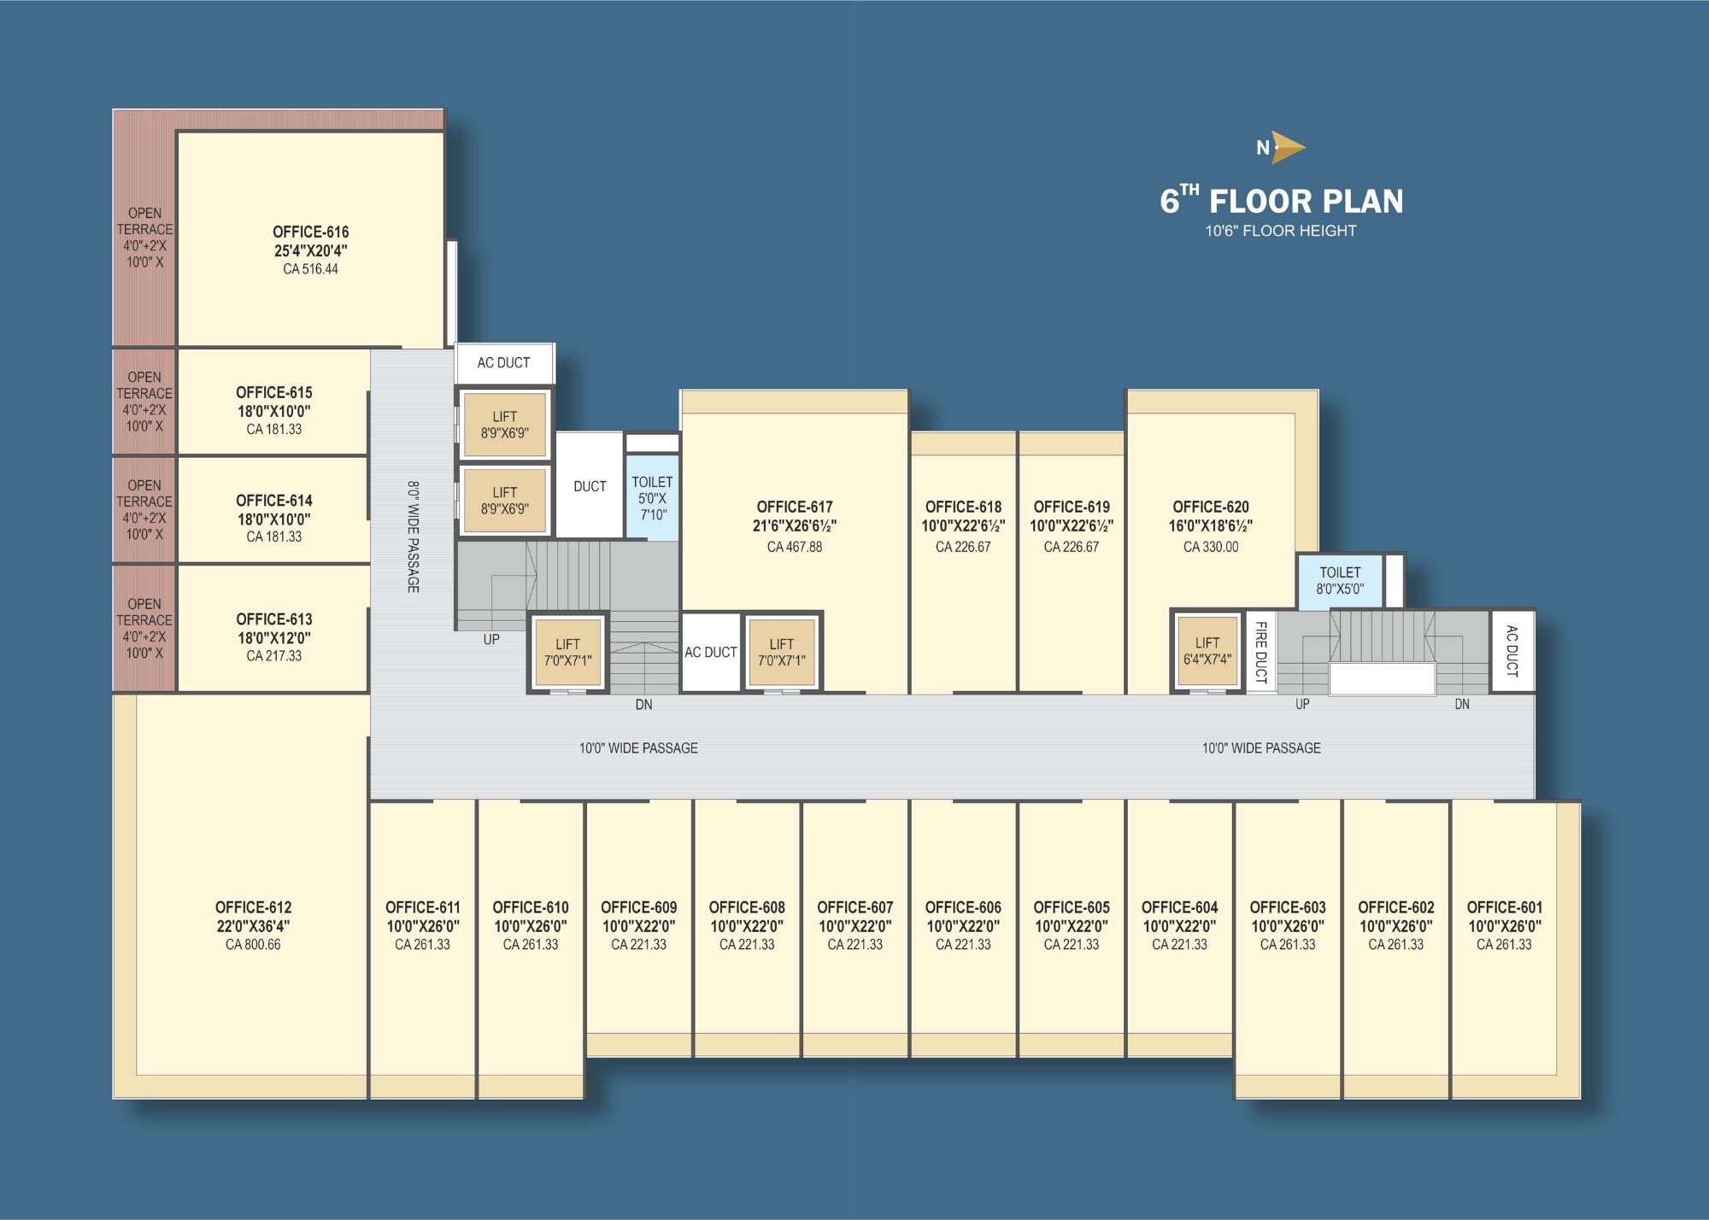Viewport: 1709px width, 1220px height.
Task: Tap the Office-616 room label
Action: click(310, 232)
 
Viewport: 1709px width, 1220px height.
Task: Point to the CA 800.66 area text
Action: click(253, 945)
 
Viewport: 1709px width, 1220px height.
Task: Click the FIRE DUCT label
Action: click(1260, 652)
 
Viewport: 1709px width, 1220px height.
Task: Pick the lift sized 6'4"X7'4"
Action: click(1207, 651)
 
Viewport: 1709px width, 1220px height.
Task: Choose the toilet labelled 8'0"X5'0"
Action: click(1340, 581)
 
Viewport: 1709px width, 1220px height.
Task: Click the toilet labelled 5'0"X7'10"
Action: click(652, 498)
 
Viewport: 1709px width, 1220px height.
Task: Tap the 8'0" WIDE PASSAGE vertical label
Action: click(413, 537)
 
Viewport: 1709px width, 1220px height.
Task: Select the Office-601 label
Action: click(1504, 907)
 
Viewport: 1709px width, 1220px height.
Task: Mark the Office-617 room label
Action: click(794, 507)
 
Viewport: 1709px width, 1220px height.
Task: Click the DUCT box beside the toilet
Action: click(590, 485)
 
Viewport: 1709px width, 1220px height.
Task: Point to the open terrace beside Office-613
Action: click(144, 628)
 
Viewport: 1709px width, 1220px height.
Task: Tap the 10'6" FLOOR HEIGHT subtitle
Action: click(1281, 231)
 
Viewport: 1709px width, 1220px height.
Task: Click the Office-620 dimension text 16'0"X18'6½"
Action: click(1211, 526)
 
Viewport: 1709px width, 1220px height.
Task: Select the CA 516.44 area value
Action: click(310, 269)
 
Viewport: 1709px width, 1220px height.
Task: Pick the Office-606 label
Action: click(963, 907)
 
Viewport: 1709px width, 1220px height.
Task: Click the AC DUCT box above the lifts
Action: click(504, 363)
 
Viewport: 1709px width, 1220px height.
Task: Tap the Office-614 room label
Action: click(274, 501)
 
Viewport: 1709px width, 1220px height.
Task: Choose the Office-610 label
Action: click(531, 907)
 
